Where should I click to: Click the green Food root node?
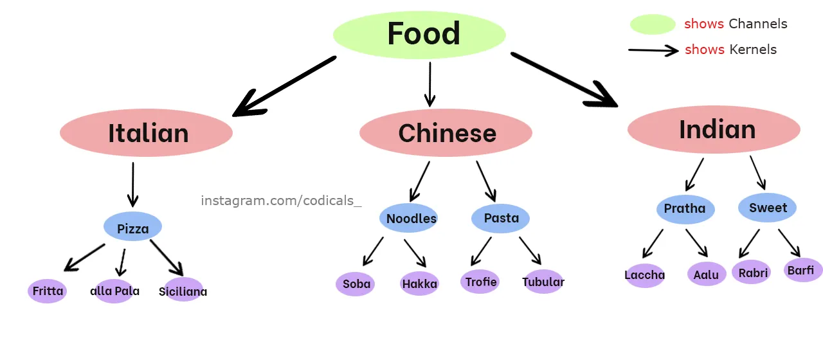[x=420, y=35]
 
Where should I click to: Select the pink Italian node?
[x=146, y=133]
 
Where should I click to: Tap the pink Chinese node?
[x=446, y=133]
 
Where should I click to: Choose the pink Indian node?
[x=714, y=129]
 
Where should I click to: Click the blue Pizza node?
[x=132, y=227]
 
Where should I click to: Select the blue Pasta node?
[x=500, y=218]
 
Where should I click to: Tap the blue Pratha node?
[x=685, y=208]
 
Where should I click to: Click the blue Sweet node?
[x=767, y=207]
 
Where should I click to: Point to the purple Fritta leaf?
[x=48, y=291]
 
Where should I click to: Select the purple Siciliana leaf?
[x=183, y=291]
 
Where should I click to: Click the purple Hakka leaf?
[x=419, y=283]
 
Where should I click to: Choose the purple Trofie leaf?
[x=480, y=282]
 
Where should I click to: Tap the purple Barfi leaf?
[x=802, y=270]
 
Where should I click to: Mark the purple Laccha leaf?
[x=645, y=275]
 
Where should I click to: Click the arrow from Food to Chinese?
[x=430, y=84]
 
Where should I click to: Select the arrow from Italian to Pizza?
[x=132, y=184]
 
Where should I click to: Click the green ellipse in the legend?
[x=653, y=24]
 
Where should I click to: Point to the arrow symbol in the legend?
[x=653, y=50]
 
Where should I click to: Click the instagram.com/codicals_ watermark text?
[x=281, y=201]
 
